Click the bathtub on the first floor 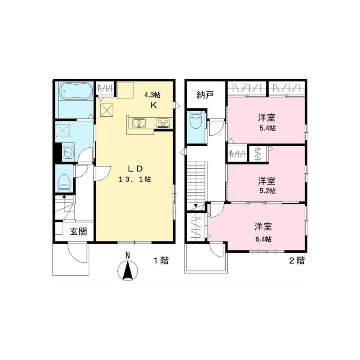tap(75, 91)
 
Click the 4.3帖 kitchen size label tap(153, 95)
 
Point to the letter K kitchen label tap(153, 105)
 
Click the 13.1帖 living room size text tap(135, 180)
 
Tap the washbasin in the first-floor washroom tap(68, 152)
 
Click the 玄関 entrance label tap(78, 232)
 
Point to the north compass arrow tap(128, 270)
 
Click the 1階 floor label tap(160, 261)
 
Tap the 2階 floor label tap(297, 261)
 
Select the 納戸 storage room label tap(205, 94)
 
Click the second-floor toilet tap(195, 121)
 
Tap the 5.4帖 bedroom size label tap(267, 128)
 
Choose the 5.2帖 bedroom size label tap(267, 190)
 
